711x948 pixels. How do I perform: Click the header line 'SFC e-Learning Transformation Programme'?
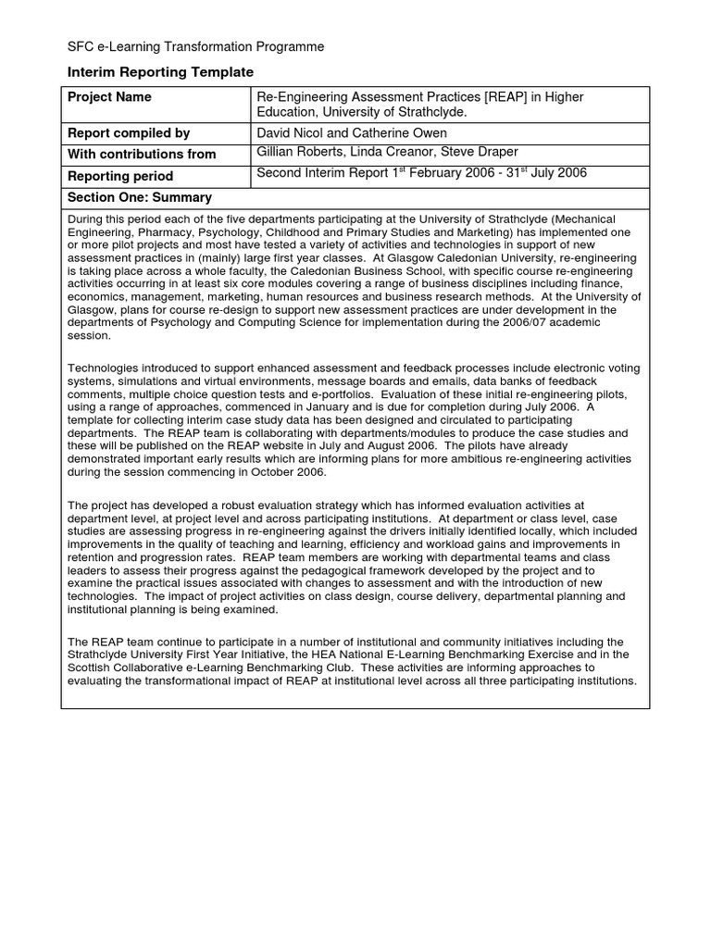pyautogui.click(x=195, y=47)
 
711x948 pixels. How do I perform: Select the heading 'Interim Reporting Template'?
pyautogui.click(x=160, y=72)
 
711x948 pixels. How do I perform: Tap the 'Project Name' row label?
pyautogui.click(x=109, y=97)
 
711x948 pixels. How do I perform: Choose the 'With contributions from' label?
pyautogui.click(x=142, y=155)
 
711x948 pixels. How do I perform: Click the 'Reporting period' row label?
pyautogui.click(x=120, y=176)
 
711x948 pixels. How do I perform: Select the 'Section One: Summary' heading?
pyautogui.click(x=140, y=197)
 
